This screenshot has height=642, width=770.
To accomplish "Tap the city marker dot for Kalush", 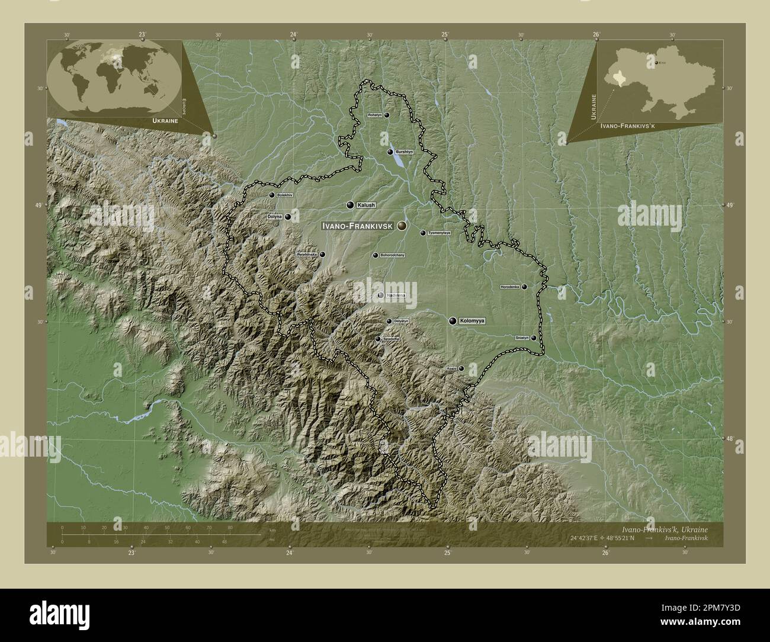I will coord(350,205).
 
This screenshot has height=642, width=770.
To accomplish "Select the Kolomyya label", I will coord(472,321).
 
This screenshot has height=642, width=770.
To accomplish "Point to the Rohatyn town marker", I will coord(387,115).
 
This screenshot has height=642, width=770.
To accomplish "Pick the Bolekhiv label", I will coord(285,195).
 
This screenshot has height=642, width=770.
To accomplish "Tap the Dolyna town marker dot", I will coord(288,217).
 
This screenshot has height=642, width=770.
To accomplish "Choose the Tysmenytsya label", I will coord(439,233).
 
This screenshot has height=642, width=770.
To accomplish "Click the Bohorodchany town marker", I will coord(375,255).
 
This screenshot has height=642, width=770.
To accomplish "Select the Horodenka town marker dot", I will coord(524,287).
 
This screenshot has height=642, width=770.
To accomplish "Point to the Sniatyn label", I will coord(522,338).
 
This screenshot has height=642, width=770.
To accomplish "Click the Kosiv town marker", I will coord(461,368).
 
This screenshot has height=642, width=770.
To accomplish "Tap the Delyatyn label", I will coord(401,321).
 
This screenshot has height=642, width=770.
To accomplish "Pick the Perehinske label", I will coord(307,255).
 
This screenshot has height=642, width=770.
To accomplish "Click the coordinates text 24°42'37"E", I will coord(592,538).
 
